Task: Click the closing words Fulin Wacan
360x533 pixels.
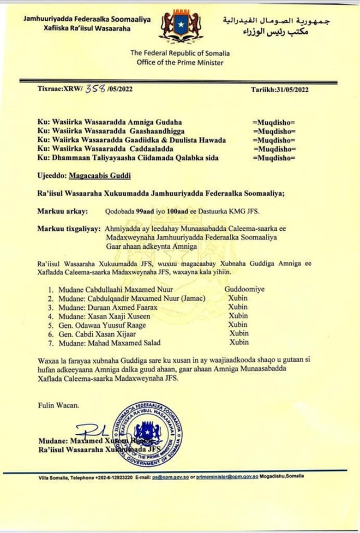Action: click(x=58, y=405)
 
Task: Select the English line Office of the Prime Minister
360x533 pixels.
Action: click(x=179, y=63)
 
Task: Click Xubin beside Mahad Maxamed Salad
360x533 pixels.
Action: click(x=238, y=342)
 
